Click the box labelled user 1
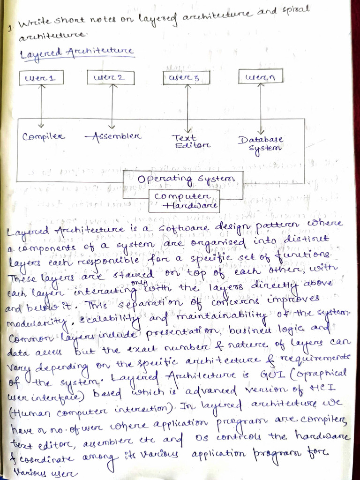click(40, 77)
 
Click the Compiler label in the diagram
click(44, 137)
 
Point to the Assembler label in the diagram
click(113, 136)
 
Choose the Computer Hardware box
click(185, 200)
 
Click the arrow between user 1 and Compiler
click(41, 105)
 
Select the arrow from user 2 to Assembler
click(112, 105)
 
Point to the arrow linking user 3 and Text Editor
click(187, 109)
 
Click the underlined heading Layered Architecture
click(77, 52)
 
